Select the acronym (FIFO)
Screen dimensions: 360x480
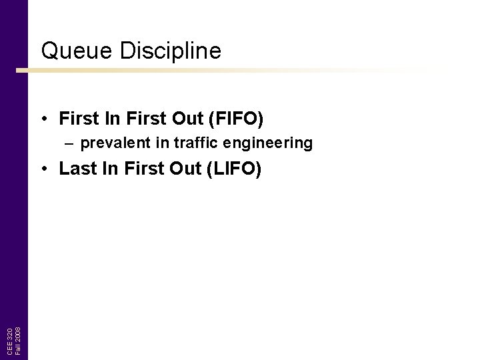(237, 119)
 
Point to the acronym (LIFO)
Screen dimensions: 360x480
(235, 169)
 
